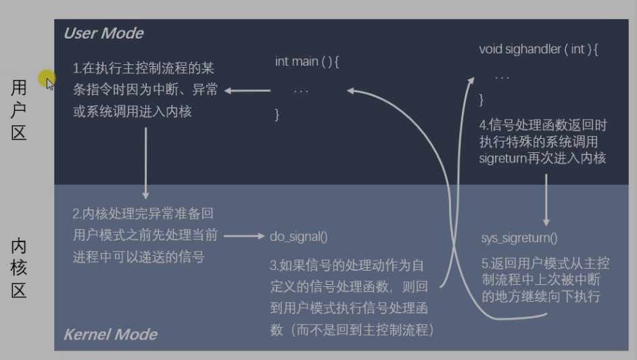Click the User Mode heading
(x=103, y=33)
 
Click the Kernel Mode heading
(x=110, y=334)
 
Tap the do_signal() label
(x=298, y=237)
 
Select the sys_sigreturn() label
(x=519, y=238)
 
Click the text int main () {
(x=306, y=62)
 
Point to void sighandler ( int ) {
(x=539, y=49)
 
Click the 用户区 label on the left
(x=19, y=110)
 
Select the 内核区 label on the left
(x=19, y=268)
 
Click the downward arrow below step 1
(x=145, y=162)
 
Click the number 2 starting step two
(x=76, y=214)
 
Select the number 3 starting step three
(x=273, y=265)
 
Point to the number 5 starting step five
(x=484, y=263)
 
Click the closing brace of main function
(x=277, y=115)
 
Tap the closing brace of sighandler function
(x=481, y=99)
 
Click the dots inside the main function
(x=301, y=91)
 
